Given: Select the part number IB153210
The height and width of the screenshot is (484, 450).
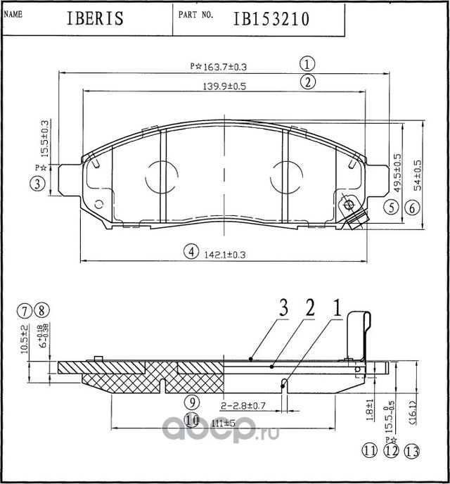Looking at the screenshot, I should [x=271, y=19].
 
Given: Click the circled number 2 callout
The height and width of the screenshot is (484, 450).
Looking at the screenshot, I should [x=307, y=82].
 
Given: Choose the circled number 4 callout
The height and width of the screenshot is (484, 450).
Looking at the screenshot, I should [x=189, y=251].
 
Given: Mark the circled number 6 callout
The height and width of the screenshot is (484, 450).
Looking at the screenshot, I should [x=412, y=208].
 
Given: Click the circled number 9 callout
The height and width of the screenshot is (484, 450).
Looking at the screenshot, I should [x=191, y=402].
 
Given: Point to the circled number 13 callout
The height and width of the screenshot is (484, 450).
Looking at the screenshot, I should [x=412, y=452].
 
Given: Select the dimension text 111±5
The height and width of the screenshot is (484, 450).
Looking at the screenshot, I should [x=224, y=423].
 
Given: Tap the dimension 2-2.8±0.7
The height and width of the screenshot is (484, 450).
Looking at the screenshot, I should [x=242, y=407].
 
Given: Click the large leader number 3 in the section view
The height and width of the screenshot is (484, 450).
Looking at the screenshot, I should [x=284, y=308].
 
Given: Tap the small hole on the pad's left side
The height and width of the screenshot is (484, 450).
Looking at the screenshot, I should [x=98, y=205].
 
